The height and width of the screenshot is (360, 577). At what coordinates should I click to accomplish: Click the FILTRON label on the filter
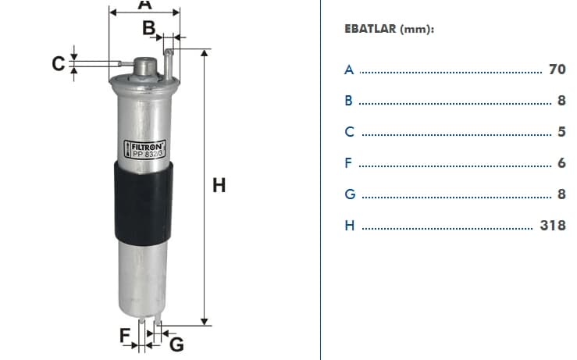click(144, 149)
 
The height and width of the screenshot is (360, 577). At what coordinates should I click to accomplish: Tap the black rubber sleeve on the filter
click(143, 203)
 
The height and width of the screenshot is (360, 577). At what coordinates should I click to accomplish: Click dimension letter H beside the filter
click(219, 185)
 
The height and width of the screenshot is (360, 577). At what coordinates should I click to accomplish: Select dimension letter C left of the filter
click(58, 64)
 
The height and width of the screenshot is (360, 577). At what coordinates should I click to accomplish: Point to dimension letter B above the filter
click(148, 28)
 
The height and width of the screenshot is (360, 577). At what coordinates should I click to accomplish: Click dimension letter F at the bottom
click(125, 335)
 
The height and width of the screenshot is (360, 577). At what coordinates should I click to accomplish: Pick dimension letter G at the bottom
click(176, 344)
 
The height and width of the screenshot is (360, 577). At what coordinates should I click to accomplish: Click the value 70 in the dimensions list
click(557, 70)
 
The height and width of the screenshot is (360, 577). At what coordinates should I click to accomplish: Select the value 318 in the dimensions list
click(553, 225)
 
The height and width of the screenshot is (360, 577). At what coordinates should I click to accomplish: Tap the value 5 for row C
click(561, 132)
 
